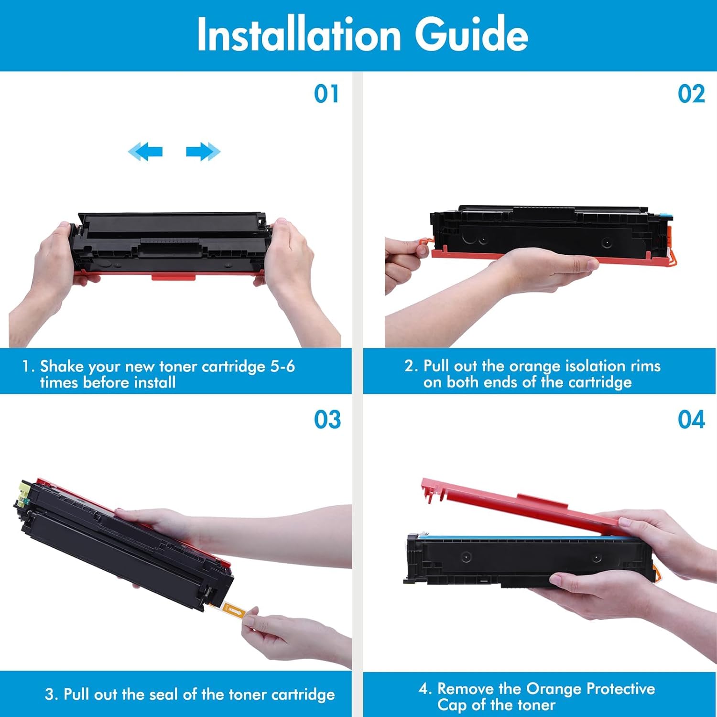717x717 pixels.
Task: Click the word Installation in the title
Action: click(299, 34)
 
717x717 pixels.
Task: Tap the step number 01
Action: click(326, 94)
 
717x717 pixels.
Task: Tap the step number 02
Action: click(691, 94)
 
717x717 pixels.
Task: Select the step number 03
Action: click(327, 420)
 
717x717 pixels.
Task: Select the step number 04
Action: click(691, 420)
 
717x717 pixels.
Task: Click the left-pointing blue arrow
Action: click(145, 152)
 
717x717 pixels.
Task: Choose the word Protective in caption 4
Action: click(620, 688)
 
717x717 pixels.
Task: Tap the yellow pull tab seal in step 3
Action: click(234, 610)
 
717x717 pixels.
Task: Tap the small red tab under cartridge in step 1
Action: click(173, 277)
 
